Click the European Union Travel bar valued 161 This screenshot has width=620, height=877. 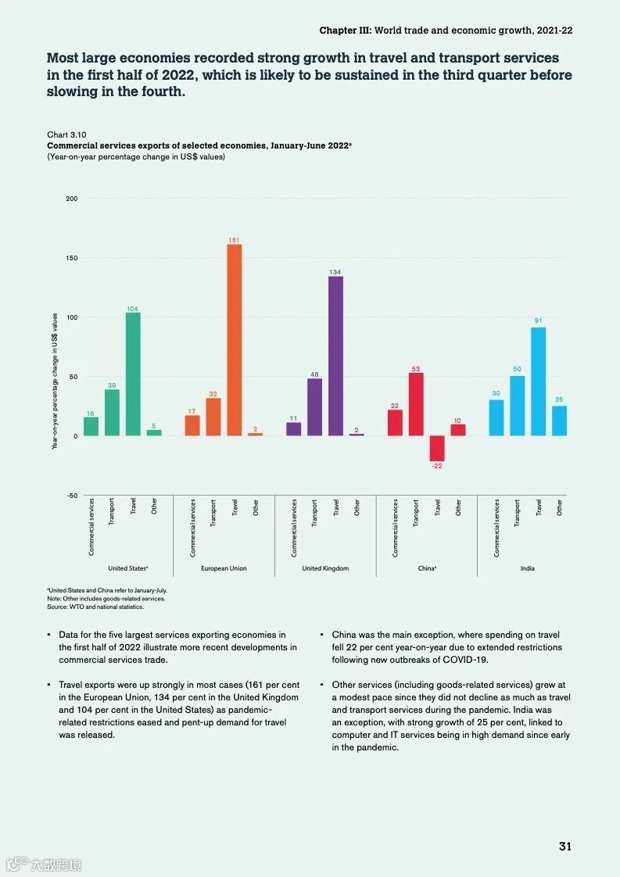235,340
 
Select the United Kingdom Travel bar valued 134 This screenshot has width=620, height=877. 335,356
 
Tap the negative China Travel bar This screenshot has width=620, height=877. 437,449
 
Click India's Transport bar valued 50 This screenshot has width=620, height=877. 517,406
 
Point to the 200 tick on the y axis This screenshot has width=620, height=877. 72,199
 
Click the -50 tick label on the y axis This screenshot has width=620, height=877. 71,496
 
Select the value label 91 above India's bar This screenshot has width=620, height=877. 538,320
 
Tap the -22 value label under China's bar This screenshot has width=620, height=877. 436,467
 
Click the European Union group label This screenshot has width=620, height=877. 224,568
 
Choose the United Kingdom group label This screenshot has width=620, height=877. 325,568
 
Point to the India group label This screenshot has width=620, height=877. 528,568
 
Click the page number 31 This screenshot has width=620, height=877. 565,847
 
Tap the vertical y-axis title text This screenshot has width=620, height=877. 55,381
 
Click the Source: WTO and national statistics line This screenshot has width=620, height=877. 95,607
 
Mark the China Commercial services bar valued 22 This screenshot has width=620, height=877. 395,423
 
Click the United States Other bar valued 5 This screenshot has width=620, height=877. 154,433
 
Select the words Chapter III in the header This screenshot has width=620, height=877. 345,30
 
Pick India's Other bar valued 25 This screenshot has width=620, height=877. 559,421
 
